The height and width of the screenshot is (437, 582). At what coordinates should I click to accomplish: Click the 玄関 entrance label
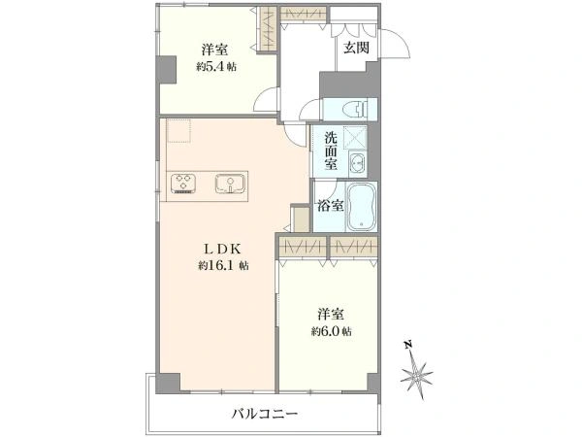356,48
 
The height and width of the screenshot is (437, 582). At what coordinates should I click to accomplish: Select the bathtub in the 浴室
362,206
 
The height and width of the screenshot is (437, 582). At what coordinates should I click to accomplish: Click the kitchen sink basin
230,184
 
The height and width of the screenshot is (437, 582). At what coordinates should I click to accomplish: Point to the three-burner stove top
183,184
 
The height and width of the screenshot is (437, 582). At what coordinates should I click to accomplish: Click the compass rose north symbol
417,375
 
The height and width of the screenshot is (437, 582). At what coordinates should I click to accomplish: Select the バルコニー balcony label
264,414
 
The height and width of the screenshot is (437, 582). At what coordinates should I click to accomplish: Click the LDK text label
223,249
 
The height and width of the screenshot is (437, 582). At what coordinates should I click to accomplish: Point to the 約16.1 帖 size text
223,265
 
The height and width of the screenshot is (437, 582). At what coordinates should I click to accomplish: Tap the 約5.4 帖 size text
216,67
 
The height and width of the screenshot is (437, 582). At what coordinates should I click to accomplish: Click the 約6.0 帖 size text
331,331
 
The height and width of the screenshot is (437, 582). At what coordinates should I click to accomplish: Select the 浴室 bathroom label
330,206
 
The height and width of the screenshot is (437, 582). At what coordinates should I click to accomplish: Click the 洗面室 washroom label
331,151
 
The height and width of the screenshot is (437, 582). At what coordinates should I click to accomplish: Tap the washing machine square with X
355,138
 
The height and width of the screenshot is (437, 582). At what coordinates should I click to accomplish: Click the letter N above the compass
408,345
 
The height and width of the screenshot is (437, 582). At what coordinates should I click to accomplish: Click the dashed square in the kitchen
178,131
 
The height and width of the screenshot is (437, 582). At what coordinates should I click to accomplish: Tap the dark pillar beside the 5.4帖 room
167,70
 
